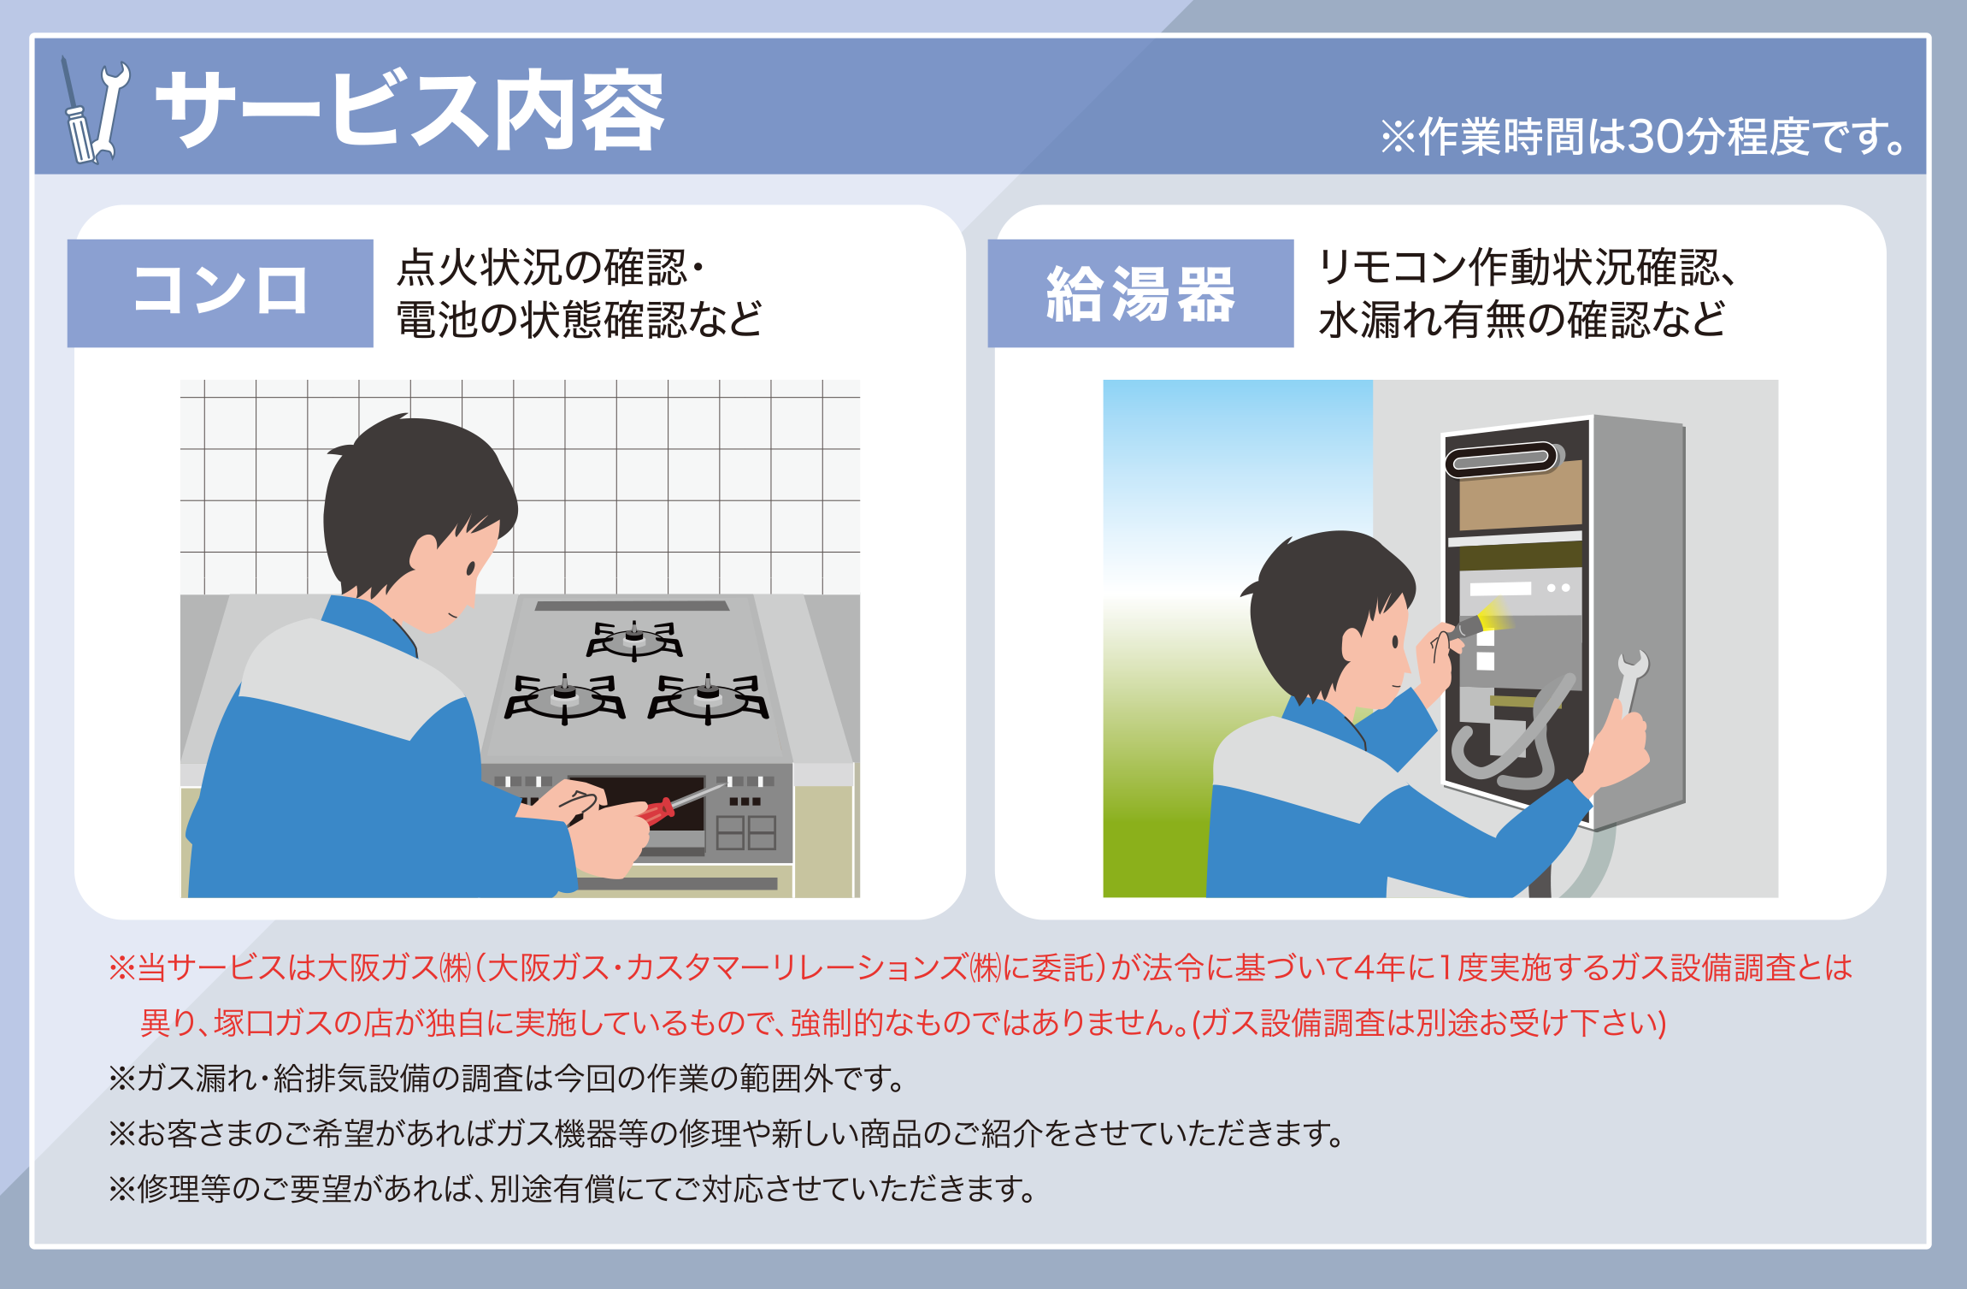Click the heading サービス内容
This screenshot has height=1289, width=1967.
click(409, 111)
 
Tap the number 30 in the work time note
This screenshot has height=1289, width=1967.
click(1662, 136)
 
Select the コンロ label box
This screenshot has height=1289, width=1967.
click(220, 293)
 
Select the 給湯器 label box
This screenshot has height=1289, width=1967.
click(1140, 293)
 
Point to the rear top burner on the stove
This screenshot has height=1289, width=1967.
click(633, 640)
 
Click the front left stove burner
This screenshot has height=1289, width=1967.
click(564, 697)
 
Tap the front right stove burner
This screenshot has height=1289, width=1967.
click(708, 697)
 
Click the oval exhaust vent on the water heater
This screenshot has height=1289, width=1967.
click(1502, 460)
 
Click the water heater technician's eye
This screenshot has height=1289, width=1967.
click(1395, 641)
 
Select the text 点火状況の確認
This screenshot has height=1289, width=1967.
click(542, 267)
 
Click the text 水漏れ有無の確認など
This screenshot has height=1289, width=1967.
click(1522, 320)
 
